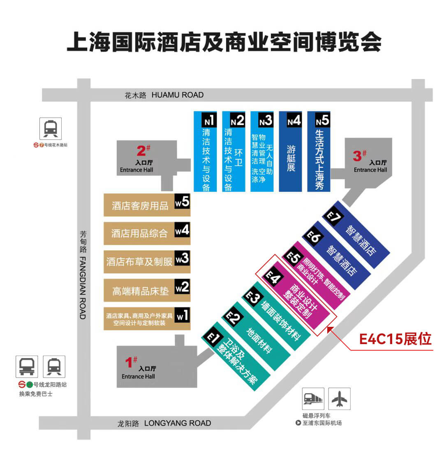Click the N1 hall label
pyautogui.click(x=208, y=121)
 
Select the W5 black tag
pyautogui.click(x=182, y=202)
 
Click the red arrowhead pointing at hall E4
pyautogui.click(x=329, y=328)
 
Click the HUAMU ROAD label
pyautogui.click(x=177, y=95)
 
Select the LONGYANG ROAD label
pyautogui.click(x=177, y=423)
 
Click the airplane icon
pyautogui.click(x=339, y=398)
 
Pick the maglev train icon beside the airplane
pyautogui.click(x=313, y=398)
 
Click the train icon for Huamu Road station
pyautogui.click(x=51, y=128)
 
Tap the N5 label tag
pyautogui.click(x=322, y=121)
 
